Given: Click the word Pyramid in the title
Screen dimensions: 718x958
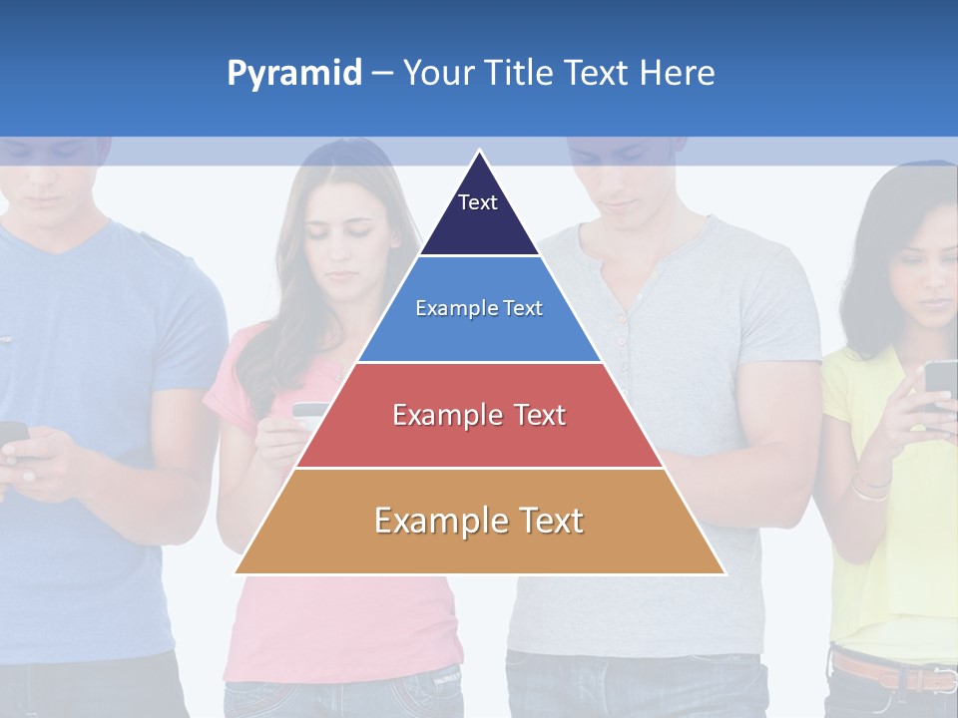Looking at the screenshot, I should pos(293,74).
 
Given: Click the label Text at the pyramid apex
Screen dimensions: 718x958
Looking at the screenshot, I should pos(477,202).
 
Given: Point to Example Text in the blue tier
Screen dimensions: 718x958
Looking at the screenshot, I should pos(479,308).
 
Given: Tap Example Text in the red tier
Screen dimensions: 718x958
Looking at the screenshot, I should pos(479,415).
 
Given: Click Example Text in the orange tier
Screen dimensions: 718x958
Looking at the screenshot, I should pos(479,521).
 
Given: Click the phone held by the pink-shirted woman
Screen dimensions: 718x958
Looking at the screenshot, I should pos(309,410).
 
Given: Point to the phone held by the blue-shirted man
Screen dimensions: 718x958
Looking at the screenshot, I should pos(12,435).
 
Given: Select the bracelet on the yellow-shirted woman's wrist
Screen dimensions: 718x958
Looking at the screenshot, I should pos(870,488).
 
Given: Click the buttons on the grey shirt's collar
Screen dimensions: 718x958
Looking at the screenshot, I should pos(621,329).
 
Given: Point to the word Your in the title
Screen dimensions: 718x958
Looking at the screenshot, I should pos(439,74).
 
